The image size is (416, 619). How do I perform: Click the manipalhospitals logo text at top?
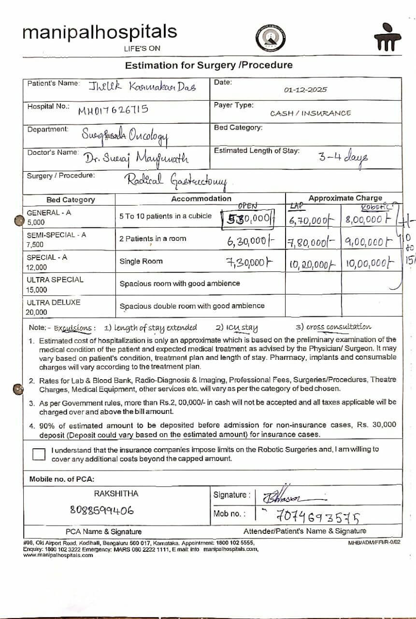[x=100, y=32]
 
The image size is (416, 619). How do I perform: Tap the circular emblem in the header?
[x=271, y=38]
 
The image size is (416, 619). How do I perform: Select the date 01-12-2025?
[x=305, y=89]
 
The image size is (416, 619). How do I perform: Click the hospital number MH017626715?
[x=113, y=110]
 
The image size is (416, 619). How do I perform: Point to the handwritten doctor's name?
[x=137, y=158]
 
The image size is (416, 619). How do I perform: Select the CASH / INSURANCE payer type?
[x=310, y=113]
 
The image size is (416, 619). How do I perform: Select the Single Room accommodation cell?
[x=141, y=261]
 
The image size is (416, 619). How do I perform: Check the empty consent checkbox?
[x=39, y=454]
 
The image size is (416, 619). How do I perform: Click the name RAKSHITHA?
[x=116, y=493]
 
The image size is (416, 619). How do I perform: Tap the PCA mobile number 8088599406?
[x=102, y=510]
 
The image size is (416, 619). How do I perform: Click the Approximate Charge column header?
[x=345, y=198]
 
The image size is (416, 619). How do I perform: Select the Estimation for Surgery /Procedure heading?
[x=209, y=65]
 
